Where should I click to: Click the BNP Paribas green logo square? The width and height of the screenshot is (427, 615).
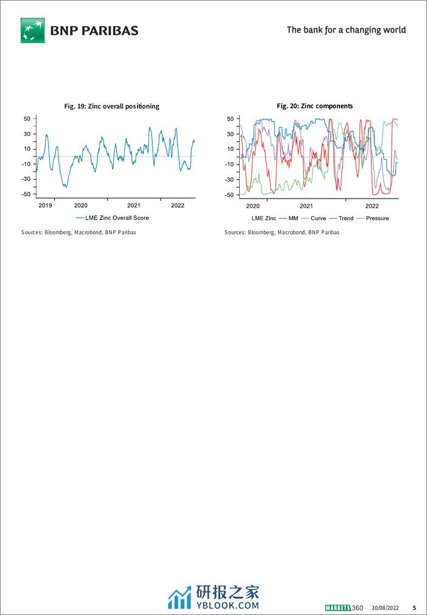pos(33,30)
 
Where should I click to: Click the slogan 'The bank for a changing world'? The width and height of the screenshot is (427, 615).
pos(346,30)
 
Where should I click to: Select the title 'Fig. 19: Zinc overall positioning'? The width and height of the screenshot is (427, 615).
pos(112,106)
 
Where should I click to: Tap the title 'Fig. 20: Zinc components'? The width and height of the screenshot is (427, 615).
pos(314,106)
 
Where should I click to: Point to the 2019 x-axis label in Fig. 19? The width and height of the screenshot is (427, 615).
pos(46,205)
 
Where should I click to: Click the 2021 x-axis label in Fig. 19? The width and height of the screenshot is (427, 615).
pos(134,205)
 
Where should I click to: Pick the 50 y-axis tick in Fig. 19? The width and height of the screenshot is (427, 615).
pos(27,118)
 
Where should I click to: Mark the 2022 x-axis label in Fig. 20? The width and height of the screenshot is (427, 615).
pos(372,206)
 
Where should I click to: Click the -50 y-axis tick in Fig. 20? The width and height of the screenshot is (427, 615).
pos(229,195)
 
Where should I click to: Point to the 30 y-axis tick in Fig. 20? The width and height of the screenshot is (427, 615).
pos(231,134)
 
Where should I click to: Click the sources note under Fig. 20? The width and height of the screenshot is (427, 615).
pos(282,233)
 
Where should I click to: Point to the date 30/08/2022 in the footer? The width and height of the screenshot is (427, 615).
pos(385,608)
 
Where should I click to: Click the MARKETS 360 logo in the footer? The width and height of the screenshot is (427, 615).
pos(344,608)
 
